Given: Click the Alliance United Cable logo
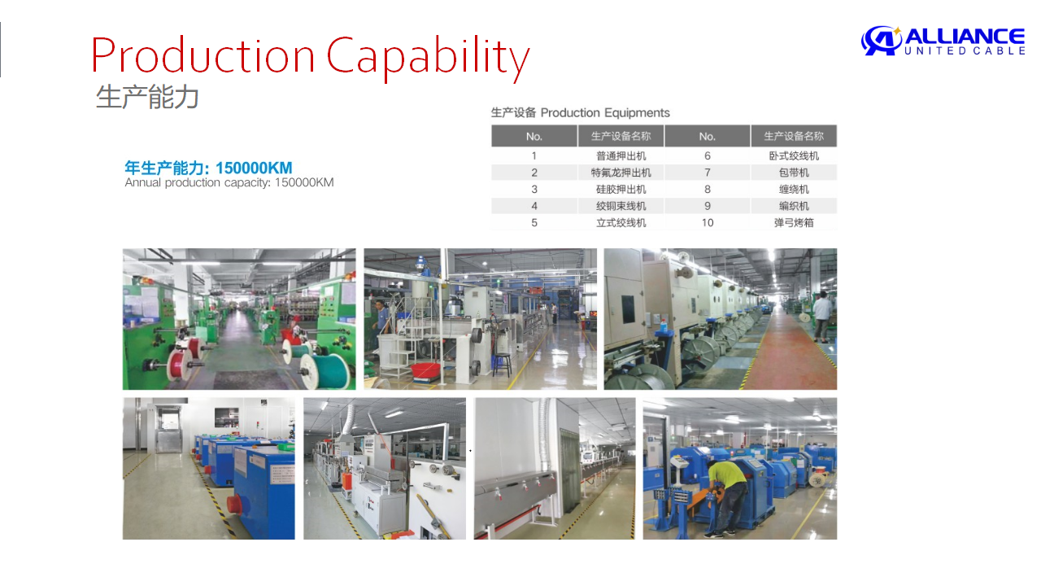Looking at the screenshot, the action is pyautogui.click(x=943, y=41).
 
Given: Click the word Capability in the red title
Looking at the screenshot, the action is pyautogui.click(x=428, y=57).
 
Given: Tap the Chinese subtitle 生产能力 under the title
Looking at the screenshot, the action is pyautogui.click(x=147, y=97).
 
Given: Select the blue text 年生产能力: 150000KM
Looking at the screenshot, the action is pyautogui.click(x=209, y=168).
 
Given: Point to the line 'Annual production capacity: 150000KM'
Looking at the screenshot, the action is pyautogui.click(x=229, y=182).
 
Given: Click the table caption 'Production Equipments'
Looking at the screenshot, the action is pyautogui.click(x=604, y=113).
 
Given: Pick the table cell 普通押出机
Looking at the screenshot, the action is pyautogui.click(x=621, y=155).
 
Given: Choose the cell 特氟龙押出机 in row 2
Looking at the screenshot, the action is pyautogui.click(x=621, y=173).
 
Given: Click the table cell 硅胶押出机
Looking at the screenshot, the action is pyautogui.click(x=621, y=190).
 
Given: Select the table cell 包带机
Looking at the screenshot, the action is pyautogui.click(x=794, y=173).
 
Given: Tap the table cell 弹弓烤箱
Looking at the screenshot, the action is pyautogui.click(x=794, y=223).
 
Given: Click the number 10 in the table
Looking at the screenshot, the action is pyautogui.click(x=708, y=223).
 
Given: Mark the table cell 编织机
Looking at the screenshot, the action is pyautogui.click(x=794, y=206).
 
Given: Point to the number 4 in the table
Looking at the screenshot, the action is pyautogui.click(x=534, y=206).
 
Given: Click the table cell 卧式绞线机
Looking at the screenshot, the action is pyautogui.click(x=794, y=155).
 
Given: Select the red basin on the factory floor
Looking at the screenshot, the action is pyautogui.click(x=425, y=370).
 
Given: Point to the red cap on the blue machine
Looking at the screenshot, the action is pyautogui.click(x=235, y=504).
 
